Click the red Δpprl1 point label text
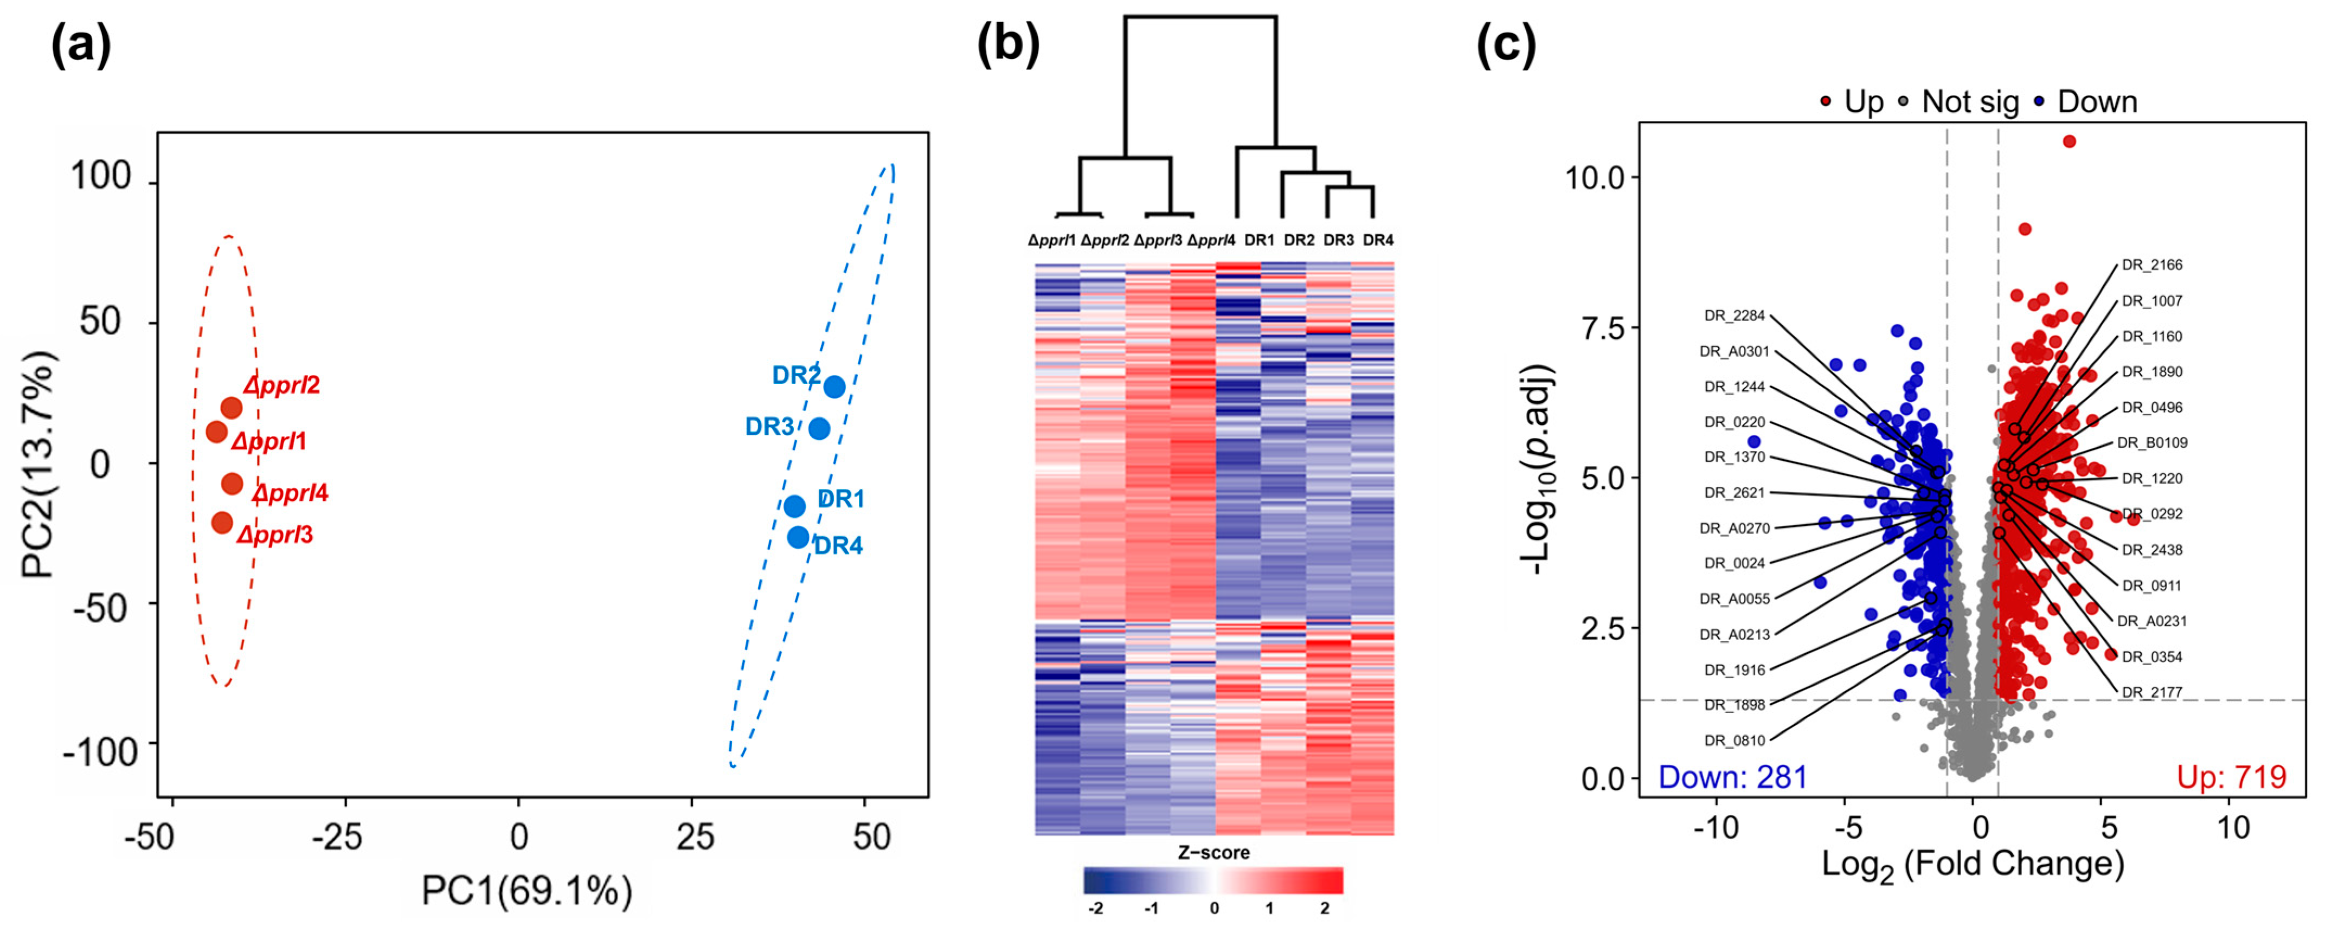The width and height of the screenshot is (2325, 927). click(x=269, y=441)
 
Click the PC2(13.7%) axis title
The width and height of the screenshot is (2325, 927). click(x=38, y=464)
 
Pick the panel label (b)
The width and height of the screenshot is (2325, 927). click(x=1008, y=45)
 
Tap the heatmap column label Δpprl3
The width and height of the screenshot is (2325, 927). click(x=1157, y=240)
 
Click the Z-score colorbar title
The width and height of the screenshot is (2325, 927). click(x=1213, y=853)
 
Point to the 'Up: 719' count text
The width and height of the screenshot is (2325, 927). click(x=2231, y=777)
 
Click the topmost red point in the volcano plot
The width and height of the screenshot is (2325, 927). click(x=2070, y=141)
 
